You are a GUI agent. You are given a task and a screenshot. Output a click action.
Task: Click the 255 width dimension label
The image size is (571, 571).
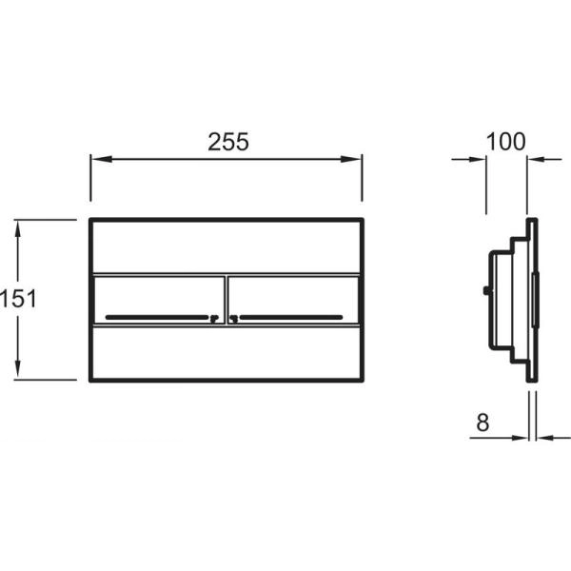point(228,142)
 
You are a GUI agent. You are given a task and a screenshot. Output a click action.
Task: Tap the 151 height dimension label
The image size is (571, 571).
point(18,299)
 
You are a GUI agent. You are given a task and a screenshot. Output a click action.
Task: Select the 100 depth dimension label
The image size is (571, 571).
point(506,142)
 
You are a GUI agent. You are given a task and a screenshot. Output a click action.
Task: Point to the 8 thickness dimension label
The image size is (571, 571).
point(482,423)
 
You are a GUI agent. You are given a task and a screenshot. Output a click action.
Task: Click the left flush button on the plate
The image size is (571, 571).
point(160,300)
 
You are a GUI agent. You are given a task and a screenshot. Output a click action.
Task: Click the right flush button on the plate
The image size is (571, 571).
point(293,300)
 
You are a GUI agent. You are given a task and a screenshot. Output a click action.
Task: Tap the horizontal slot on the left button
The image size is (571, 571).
point(157,317)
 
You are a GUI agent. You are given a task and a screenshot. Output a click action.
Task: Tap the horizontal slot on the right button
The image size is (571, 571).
point(290,317)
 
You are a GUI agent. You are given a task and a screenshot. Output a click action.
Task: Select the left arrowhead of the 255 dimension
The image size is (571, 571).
point(101,159)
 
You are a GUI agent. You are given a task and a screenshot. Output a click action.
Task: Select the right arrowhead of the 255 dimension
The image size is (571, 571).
point(351,159)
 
